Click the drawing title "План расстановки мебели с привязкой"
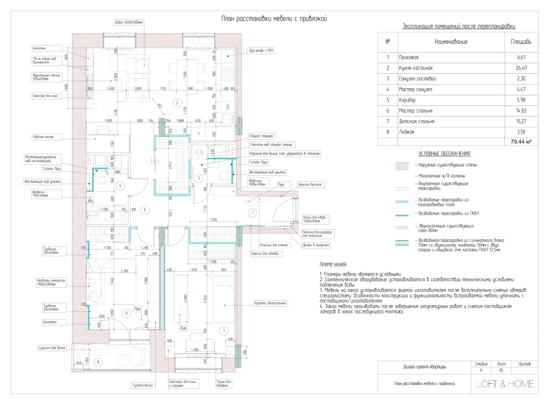click(274, 19)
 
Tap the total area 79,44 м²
click(521, 142)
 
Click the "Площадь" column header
click(521, 42)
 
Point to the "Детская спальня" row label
click(416, 121)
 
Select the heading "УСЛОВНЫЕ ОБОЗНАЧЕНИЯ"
click(444, 154)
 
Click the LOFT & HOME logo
click(505, 383)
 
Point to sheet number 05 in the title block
click(502, 370)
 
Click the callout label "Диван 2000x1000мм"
click(129, 23)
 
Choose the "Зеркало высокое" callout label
click(311, 184)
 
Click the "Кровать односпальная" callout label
click(270, 303)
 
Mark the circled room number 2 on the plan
click(176, 102)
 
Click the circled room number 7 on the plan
click(223, 331)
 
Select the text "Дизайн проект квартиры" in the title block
click(424, 367)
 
